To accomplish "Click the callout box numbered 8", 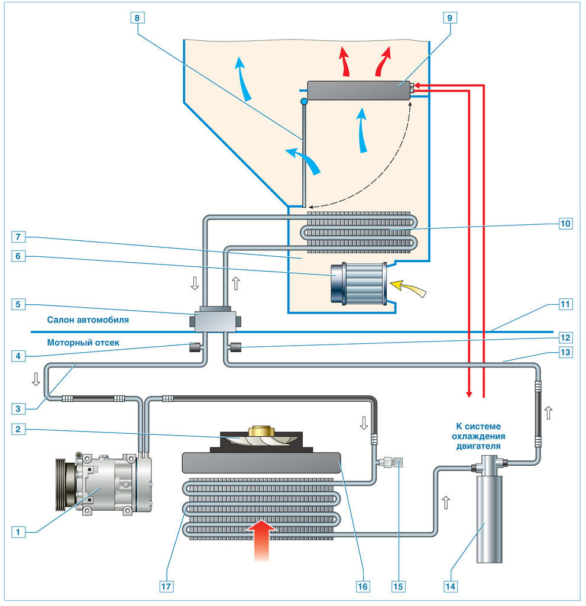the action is click(x=137, y=18).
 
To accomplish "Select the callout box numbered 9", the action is click(x=449, y=18).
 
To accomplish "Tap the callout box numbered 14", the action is click(x=450, y=586).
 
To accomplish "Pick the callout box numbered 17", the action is click(x=166, y=586).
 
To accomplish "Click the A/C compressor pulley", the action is click(x=66, y=483).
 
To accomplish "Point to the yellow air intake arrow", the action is click(x=409, y=288).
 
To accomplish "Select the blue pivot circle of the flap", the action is click(x=304, y=102).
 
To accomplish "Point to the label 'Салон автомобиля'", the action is click(x=88, y=320).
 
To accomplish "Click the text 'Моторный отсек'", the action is click(x=83, y=343).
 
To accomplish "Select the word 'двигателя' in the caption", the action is click(x=478, y=446).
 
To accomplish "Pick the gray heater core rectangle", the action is click(x=359, y=91).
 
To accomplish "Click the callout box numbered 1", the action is click(x=18, y=532).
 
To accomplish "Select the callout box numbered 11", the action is click(x=565, y=304).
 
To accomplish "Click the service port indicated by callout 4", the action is click(x=195, y=347).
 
